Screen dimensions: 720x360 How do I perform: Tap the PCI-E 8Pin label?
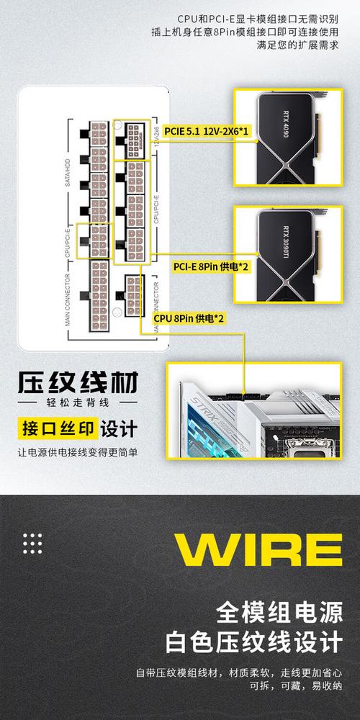211,266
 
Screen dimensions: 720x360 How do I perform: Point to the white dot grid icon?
34,543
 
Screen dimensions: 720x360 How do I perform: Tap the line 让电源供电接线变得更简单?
77,452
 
